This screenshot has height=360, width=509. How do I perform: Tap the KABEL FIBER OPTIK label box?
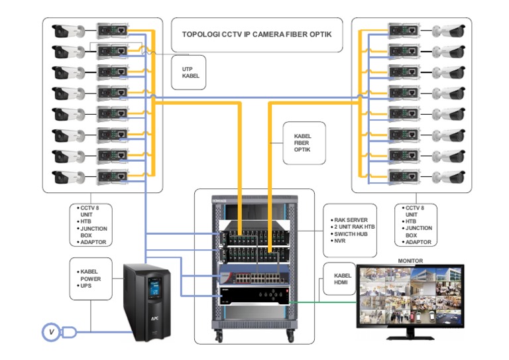pyautogui.click(x=304, y=143)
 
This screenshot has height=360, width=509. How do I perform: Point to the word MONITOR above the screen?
pyautogui.click(x=410, y=261)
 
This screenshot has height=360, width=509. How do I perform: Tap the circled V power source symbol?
pyautogui.click(x=50, y=331)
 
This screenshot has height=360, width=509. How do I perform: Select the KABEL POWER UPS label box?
pyautogui.click(x=91, y=279)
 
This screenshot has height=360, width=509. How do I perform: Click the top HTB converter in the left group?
pyautogui.click(x=112, y=30)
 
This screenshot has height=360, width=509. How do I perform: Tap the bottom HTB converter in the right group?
pyautogui.click(x=404, y=178)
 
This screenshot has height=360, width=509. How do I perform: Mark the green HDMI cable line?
pyautogui.click(x=325, y=302)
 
